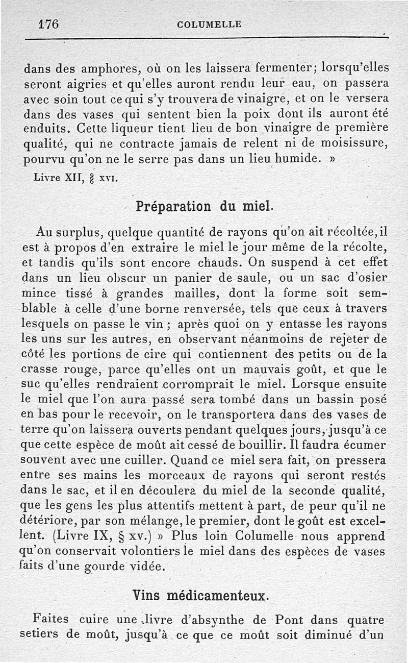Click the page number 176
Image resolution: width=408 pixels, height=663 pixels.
[x=49, y=24]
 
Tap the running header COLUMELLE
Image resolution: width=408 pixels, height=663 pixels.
[x=209, y=24]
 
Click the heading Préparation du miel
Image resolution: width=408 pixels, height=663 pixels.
[x=204, y=207]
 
